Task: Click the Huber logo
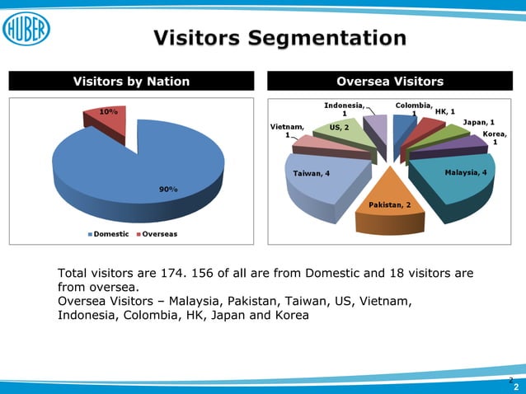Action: [27, 30]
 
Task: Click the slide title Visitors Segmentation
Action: [279, 38]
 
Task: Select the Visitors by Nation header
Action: [132, 81]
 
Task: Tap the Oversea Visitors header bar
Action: [390, 81]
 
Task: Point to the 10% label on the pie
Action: [108, 110]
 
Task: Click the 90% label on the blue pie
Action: [168, 190]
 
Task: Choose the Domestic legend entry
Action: [109, 234]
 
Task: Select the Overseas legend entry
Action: [156, 234]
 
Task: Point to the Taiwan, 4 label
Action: [312, 173]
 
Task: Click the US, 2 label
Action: [339, 128]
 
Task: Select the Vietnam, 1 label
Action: [287, 131]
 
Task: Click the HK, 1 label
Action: [445, 111]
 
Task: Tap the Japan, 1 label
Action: [478, 122]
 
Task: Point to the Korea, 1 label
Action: [495, 138]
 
